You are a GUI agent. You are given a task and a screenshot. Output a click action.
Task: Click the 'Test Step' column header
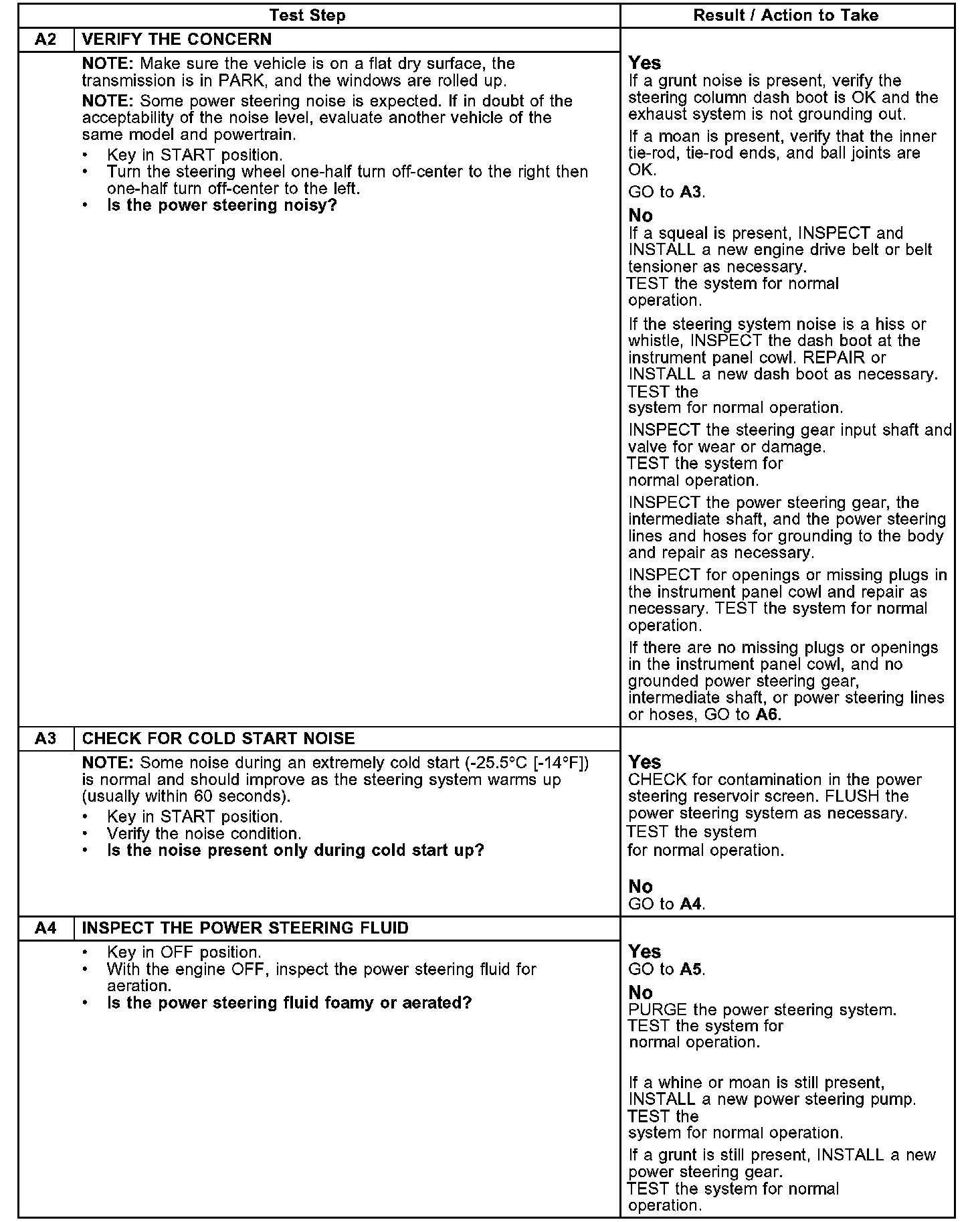pyautogui.click(x=307, y=15)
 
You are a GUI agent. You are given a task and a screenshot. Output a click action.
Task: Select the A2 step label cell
pyautogui.click(x=45, y=39)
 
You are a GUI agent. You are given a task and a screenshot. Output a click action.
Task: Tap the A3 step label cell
pyautogui.click(x=45, y=738)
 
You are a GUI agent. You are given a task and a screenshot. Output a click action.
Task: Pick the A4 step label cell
pyautogui.click(x=45, y=928)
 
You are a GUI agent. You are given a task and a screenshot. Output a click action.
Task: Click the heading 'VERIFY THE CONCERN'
pyautogui.click(x=177, y=39)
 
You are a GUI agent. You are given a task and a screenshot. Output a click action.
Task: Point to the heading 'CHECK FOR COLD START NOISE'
pyautogui.click(x=218, y=738)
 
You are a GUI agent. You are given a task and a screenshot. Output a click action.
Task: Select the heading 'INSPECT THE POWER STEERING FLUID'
pyautogui.click(x=245, y=928)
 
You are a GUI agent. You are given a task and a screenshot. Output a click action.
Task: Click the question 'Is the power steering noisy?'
pyautogui.click(x=221, y=205)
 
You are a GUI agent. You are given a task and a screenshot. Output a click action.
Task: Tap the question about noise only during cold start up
pyautogui.click(x=295, y=850)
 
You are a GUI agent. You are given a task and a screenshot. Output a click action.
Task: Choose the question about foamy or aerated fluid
pyautogui.click(x=289, y=1002)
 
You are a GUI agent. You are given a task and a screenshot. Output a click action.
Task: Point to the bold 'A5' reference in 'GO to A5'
pyautogui.click(x=692, y=969)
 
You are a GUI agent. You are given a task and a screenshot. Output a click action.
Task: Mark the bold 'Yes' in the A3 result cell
pyautogui.click(x=645, y=762)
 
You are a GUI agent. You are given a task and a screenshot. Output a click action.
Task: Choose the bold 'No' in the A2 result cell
pyautogui.click(x=640, y=215)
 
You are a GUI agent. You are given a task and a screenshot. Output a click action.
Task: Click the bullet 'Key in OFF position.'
pyautogui.click(x=184, y=952)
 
